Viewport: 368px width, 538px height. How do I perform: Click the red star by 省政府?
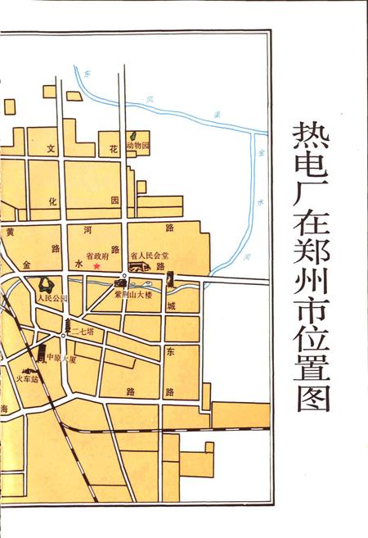click(96, 265)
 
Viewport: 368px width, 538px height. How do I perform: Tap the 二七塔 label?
click(84, 332)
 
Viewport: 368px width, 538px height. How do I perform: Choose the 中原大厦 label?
click(61, 358)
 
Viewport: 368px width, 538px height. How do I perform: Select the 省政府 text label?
click(97, 255)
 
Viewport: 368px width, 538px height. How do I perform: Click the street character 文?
click(51, 149)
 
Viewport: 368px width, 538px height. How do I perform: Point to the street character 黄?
click(10, 232)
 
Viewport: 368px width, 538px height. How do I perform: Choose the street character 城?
click(170, 306)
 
